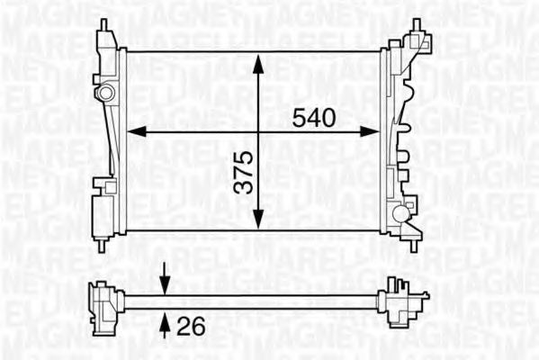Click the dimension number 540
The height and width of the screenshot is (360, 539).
(x=314, y=118)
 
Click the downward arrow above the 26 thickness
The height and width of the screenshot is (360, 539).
(x=165, y=286)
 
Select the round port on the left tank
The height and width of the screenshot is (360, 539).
(x=106, y=92)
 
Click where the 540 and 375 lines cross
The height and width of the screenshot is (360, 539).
(x=258, y=131)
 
